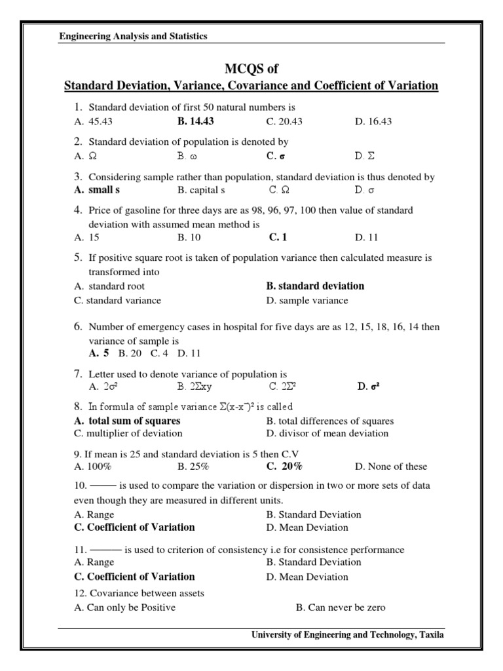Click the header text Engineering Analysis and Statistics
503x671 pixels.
tap(133, 37)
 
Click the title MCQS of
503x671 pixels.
tap(251, 68)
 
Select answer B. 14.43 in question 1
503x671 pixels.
tap(195, 121)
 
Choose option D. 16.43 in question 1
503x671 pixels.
tap(373, 121)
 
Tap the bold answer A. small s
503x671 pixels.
tap(97, 190)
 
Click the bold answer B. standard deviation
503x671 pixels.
tap(315, 286)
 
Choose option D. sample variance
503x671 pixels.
tap(307, 300)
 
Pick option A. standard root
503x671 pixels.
tap(110, 286)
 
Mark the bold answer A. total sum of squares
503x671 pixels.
tap(127, 421)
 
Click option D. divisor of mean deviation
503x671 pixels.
tap(327, 433)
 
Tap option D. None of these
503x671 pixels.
tap(391, 467)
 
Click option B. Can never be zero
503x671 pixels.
tap(341, 607)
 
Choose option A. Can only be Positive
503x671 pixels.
tap(125, 607)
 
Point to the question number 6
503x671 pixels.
tap(77, 326)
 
